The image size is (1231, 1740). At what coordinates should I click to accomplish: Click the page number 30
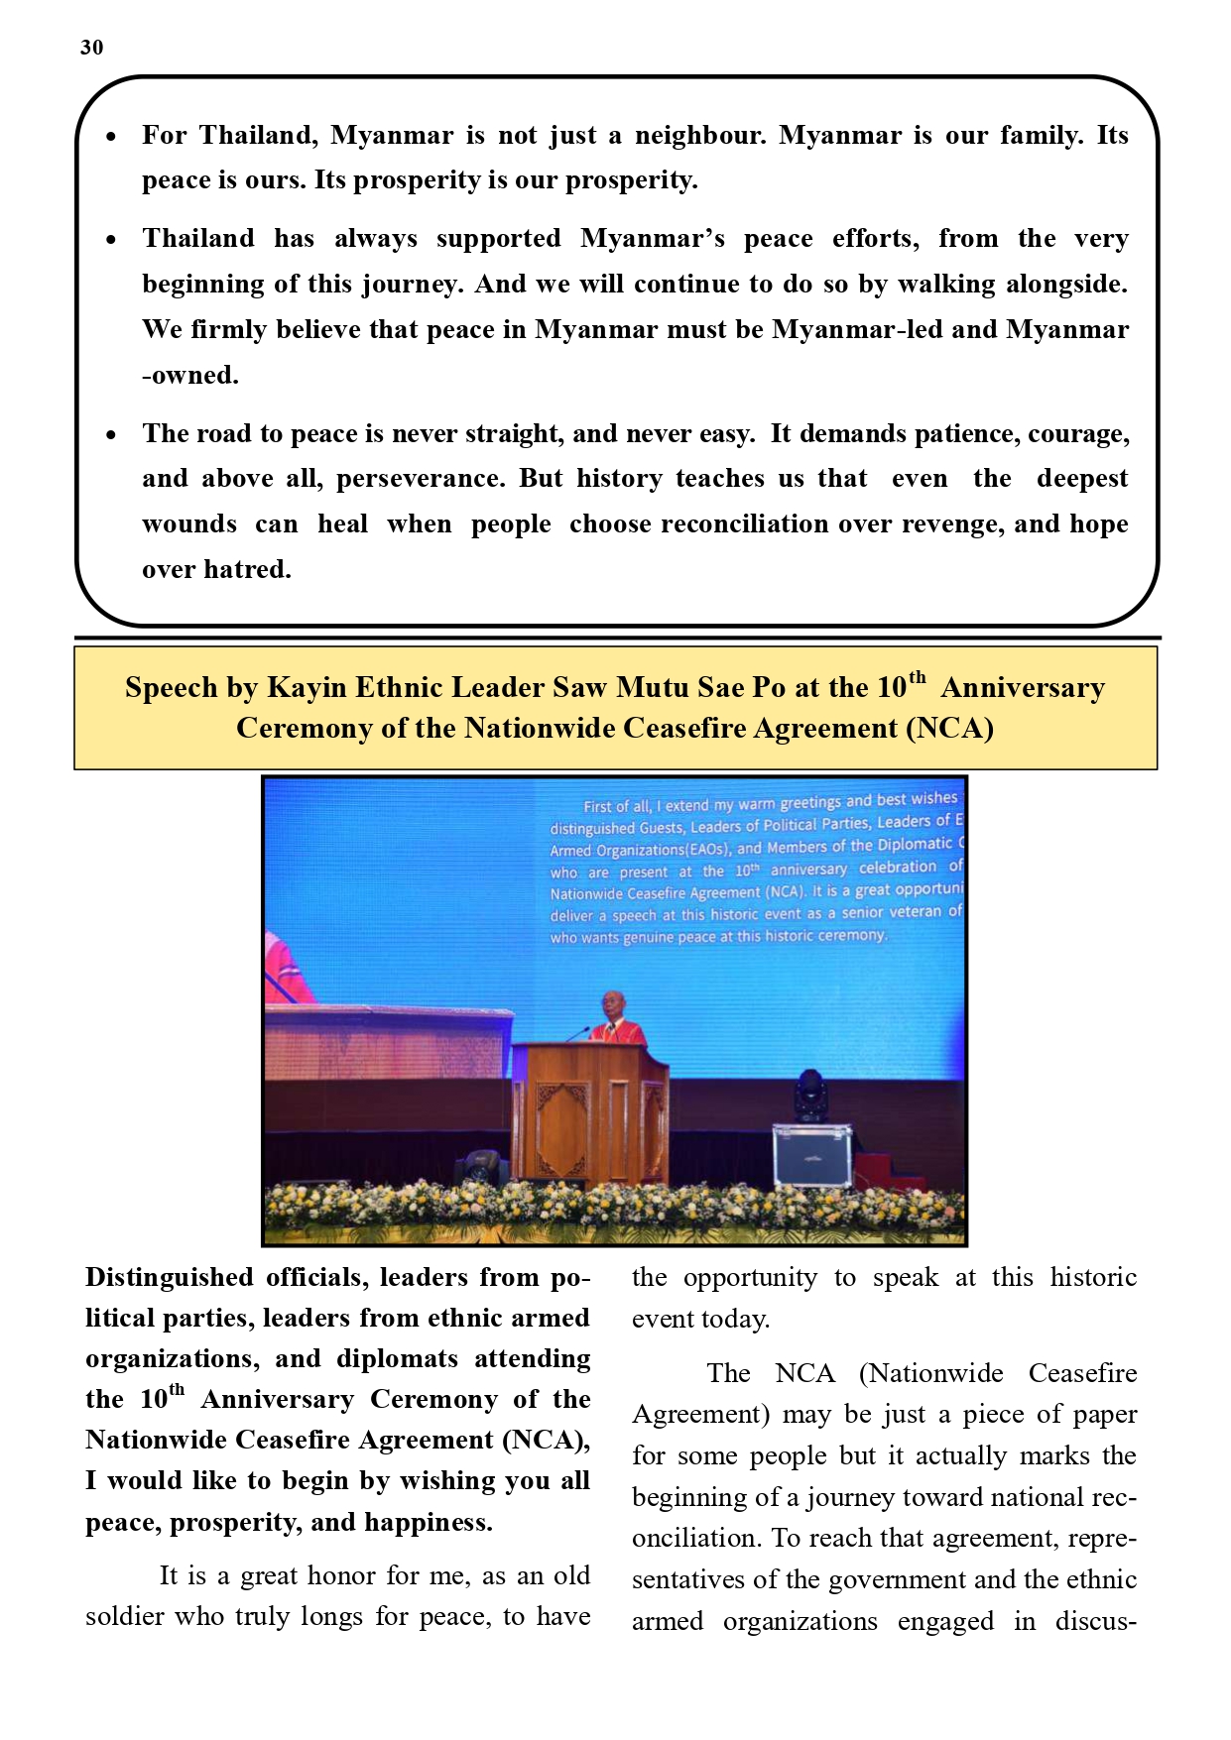click(91, 48)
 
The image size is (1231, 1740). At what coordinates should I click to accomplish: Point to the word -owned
click(190, 376)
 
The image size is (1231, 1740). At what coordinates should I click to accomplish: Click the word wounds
click(189, 524)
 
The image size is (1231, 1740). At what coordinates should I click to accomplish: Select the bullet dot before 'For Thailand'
click(111, 136)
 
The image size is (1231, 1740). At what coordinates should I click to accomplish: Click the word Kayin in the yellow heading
click(307, 688)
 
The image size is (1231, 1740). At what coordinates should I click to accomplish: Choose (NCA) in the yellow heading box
click(949, 729)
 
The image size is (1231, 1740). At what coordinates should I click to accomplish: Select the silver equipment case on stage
click(812, 1154)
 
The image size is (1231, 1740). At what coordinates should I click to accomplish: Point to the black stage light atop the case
click(811, 1096)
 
